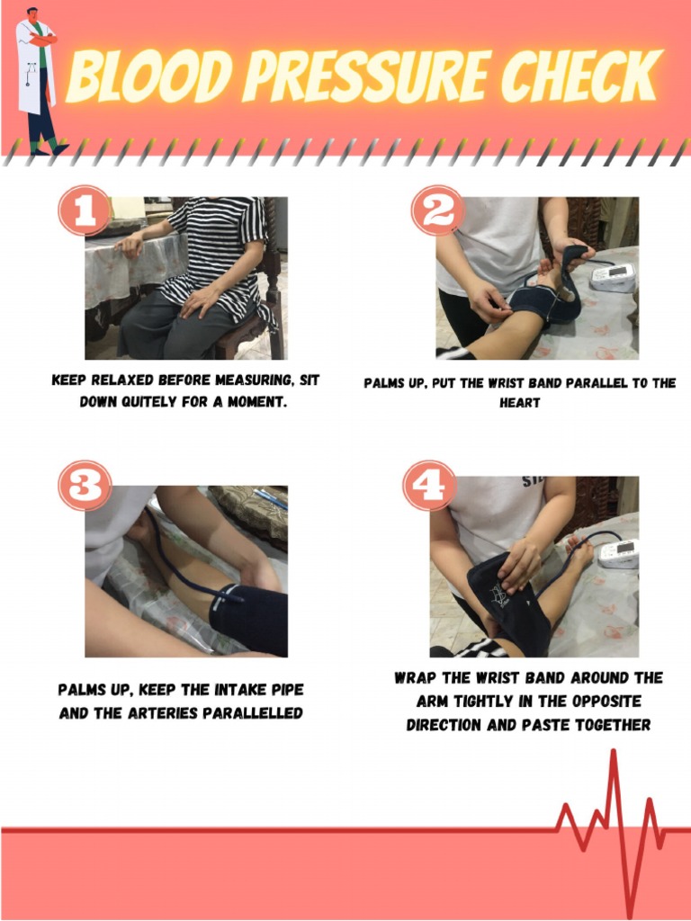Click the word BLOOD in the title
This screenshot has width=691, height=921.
148,78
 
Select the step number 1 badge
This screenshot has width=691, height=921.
84,211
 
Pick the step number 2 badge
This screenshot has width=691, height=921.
437,211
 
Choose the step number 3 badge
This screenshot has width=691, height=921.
85,486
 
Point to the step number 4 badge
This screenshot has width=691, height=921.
429,486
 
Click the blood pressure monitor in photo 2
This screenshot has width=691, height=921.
613,277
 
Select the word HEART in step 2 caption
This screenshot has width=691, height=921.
520,403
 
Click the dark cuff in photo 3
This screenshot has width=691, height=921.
248,619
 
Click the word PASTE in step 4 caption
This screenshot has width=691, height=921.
543,724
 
